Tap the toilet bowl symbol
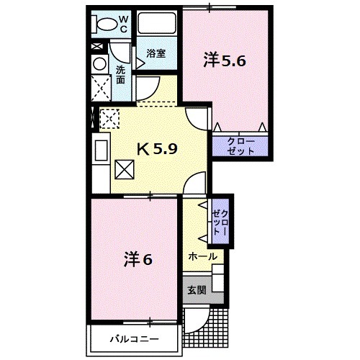(x=104, y=23)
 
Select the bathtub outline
(x=157, y=24)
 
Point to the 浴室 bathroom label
(x=156, y=53)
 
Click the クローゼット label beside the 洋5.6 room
(x=240, y=146)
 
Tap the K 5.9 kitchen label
(x=162, y=150)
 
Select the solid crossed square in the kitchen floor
(x=125, y=170)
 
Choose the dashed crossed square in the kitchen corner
(x=109, y=117)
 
